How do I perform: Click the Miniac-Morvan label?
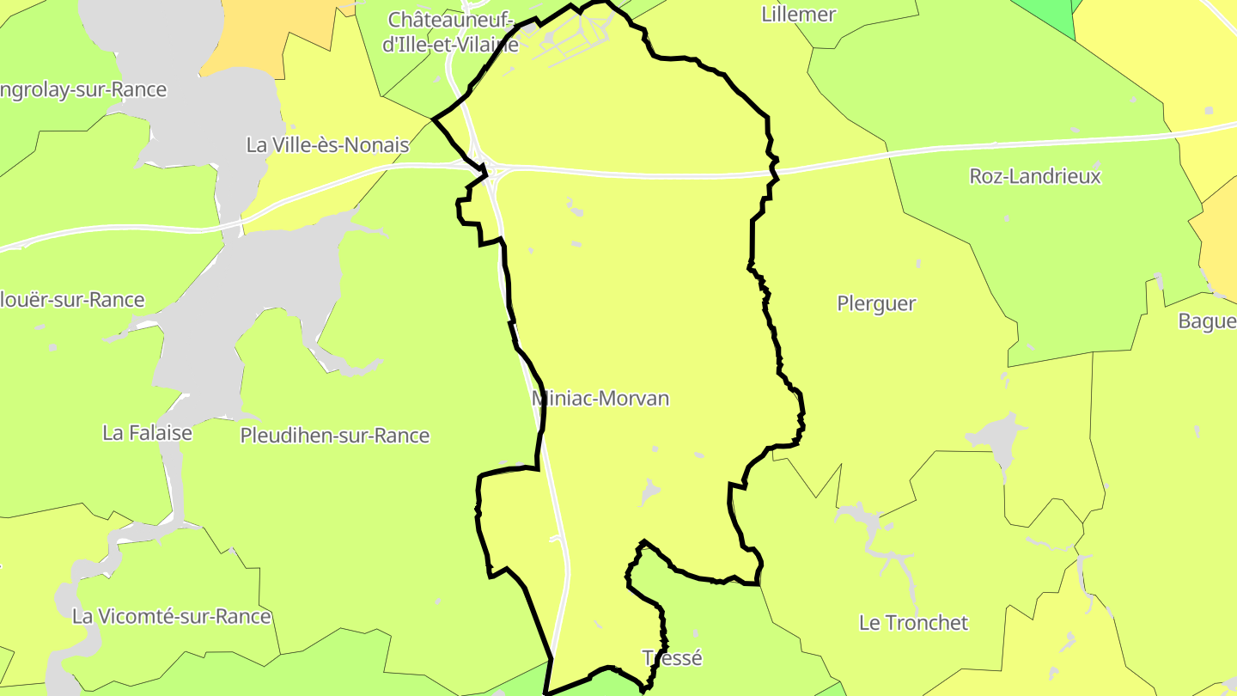point(600,399)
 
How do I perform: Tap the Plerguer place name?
point(876,303)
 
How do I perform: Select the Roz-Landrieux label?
point(1034,176)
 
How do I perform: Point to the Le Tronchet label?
point(913,623)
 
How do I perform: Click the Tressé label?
point(673,658)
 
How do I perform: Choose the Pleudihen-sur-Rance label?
point(334,436)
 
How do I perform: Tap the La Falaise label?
point(147,432)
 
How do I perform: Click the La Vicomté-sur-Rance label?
point(171,616)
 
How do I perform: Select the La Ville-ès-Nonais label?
point(327,145)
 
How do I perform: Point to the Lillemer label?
point(798,15)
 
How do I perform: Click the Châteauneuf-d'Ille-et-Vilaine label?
point(450,32)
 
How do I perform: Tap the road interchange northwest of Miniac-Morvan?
point(489,171)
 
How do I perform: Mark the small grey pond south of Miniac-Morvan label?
point(649,492)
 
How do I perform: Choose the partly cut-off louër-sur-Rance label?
point(72,300)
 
